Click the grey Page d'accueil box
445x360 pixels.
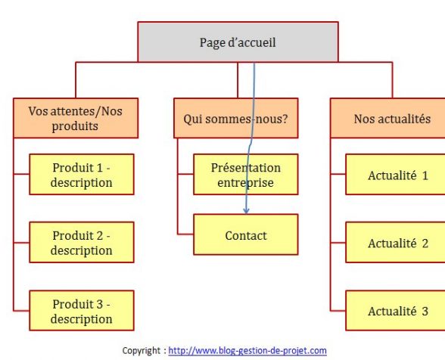(238, 42)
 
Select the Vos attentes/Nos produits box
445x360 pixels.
(76, 118)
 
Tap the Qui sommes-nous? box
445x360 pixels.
(236, 118)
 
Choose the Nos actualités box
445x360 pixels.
(387, 118)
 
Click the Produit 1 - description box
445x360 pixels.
(82, 175)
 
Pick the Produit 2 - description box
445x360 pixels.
(82, 243)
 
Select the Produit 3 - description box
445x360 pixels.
(82, 311)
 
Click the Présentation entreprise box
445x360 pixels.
(246, 175)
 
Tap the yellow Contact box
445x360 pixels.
(246, 234)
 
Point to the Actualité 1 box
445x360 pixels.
(395, 175)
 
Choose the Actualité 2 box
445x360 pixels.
(395, 243)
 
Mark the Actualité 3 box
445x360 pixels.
(395, 311)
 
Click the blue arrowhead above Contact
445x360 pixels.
(246, 211)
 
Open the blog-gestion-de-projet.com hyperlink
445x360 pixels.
(247, 351)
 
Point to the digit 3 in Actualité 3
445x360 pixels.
(425, 311)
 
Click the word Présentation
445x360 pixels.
(246, 168)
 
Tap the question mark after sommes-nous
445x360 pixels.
(285, 119)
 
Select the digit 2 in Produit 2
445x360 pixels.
(99, 235)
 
